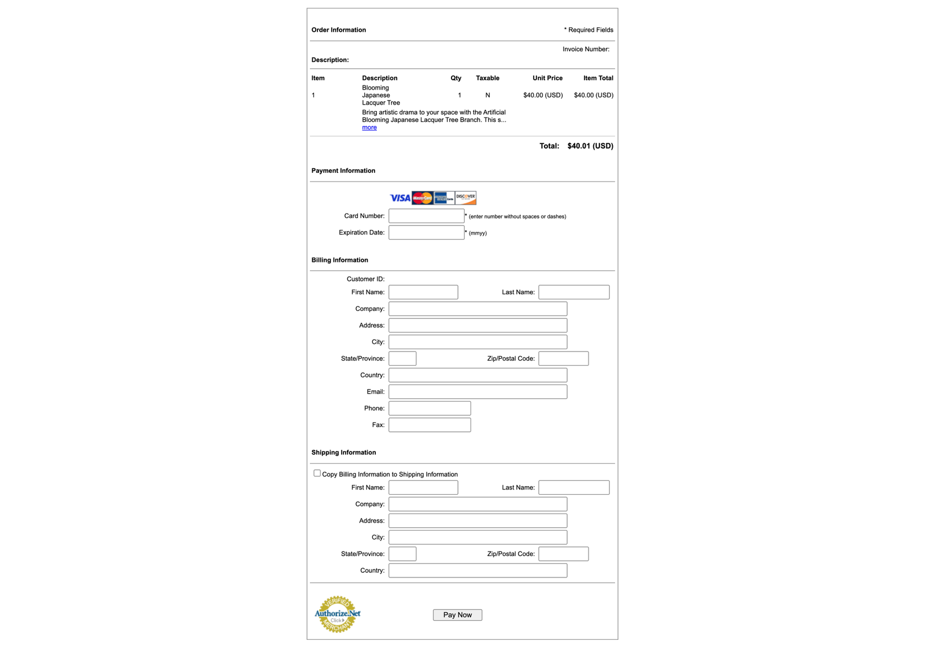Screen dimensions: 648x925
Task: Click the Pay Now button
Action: pos(457,614)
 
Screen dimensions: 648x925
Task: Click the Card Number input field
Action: pos(426,216)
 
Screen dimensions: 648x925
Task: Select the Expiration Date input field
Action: pos(426,232)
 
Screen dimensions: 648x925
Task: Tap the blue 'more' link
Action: pos(369,128)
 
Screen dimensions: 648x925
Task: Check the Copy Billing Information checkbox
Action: pos(317,473)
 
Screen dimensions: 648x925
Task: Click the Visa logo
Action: pos(399,198)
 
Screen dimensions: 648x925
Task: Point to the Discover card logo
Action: pos(465,198)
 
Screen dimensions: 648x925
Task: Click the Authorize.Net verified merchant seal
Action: pos(337,614)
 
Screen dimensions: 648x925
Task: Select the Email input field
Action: pos(478,392)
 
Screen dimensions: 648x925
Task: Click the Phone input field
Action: pos(430,408)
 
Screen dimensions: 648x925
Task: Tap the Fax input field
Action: pos(430,425)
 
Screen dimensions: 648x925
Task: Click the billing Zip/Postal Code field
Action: pos(563,358)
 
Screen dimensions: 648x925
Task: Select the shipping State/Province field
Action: pos(402,554)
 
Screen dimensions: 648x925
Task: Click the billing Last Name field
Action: pos(573,292)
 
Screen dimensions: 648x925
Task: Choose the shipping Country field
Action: pos(478,571)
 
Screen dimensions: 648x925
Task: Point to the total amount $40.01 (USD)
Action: pos(590,146)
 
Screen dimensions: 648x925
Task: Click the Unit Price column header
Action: pos(547,78)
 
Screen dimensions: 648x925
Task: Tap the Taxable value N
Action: pos(487,95)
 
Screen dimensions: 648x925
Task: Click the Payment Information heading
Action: pos(343,171)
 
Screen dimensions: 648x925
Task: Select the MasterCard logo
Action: pos(423,198)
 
